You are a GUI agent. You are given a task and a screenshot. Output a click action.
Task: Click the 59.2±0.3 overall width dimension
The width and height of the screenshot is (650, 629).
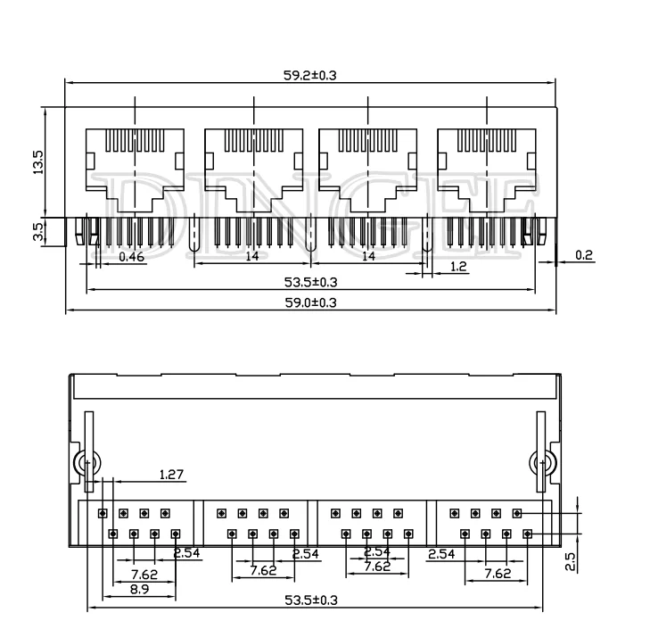pyautogui.click(x=309, y=76)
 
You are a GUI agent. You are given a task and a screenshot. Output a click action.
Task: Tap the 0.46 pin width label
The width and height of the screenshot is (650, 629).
pyautogui.click(x=131, y=257)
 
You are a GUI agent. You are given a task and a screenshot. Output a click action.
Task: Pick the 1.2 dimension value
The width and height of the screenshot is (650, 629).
pyautogui.click(x=457, y=267)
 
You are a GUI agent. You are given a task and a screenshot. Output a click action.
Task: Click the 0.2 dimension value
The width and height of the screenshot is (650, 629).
pyautogui.click(x=584, y=255)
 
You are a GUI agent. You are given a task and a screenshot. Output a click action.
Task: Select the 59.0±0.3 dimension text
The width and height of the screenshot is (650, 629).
pyautogui.click(x=309, y=303)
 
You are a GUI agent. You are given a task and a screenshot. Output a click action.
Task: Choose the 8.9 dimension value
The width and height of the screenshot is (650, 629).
pyautogui.click(x=139, y=589)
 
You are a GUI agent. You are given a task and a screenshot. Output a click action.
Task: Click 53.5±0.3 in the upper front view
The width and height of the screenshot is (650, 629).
pyautogui.click(x=309, y=282)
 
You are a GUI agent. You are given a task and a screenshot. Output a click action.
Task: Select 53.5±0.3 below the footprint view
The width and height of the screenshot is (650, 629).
pyautogui.click(x=311, y=600)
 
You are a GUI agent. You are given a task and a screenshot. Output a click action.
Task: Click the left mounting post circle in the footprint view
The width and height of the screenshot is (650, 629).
pyautogui.click(x=85, y=464)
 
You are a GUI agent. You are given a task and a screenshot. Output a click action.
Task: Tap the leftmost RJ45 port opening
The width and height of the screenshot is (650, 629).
pyautogui.click(x=135, y=161)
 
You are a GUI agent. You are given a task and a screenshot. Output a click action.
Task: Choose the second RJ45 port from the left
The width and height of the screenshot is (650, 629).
pyautogui.click(x=254, y=161)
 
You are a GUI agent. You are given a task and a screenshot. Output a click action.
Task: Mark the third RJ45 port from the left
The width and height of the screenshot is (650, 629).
pyautogui.click(x=368, y=161)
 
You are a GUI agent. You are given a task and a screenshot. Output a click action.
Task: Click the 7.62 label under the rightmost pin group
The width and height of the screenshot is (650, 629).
pyautogui.click(x=498, y=574)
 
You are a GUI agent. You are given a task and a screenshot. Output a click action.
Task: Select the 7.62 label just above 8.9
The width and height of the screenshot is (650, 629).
pyautogui.click(x=144, y=574)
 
